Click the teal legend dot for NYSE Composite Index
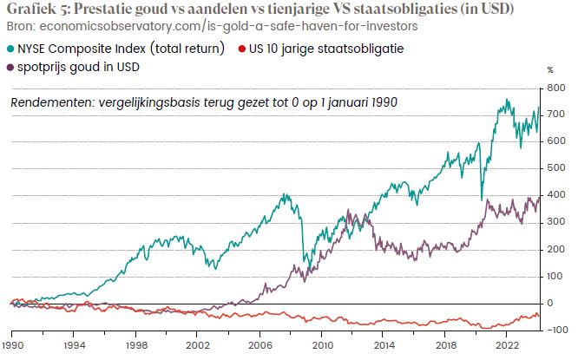pyautogui.click(x=11, y=50)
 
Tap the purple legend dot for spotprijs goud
pyautogui.click(x=11, y=67)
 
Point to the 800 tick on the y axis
pyautogui.click(x=551, y=88)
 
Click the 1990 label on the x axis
pyautogui.click(x=12, y=343)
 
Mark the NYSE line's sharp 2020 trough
pyautogui.click(x=482, y=200)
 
